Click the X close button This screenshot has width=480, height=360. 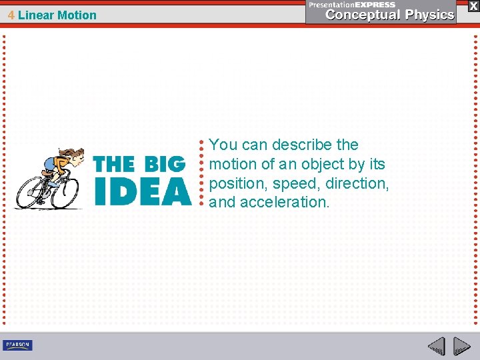(473, 5)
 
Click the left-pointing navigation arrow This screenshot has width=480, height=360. (437, 346)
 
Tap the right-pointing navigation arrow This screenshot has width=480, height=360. (461, 346)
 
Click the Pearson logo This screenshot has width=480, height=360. (17, 345)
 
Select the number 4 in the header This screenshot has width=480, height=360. (11, 15)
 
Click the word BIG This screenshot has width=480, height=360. (163, 163)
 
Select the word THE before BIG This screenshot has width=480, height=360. (113, 163)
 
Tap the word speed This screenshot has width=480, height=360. (290, 183)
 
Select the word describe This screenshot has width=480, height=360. (302, 145)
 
